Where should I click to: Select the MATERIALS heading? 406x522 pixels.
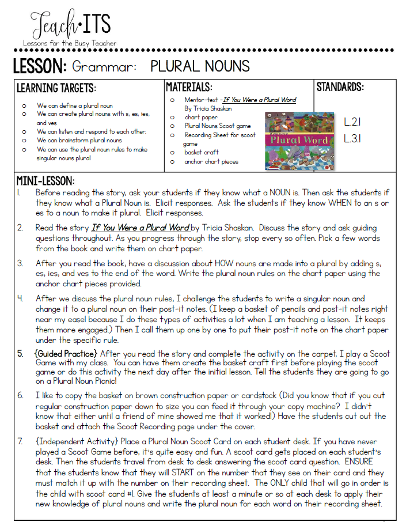189,88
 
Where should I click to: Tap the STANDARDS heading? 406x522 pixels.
340,88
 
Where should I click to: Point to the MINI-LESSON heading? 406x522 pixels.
45,181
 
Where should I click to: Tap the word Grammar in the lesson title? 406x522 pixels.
104,66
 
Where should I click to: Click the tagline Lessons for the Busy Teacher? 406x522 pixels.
70,43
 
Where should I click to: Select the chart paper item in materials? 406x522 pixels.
201,117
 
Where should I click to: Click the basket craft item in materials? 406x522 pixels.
202,152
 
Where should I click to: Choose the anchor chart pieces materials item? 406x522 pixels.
211,161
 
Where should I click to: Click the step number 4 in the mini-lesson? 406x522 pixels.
20,299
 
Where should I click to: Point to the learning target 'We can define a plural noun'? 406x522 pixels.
75,105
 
